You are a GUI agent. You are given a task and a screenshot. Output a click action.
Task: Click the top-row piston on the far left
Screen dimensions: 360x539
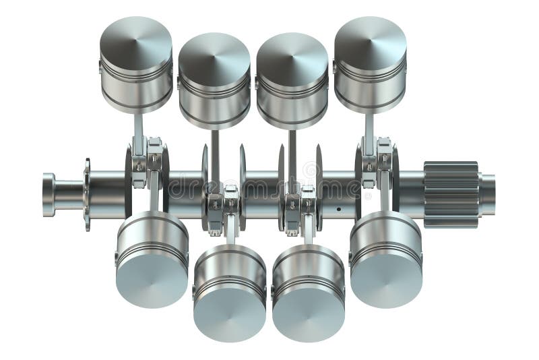(136, 64)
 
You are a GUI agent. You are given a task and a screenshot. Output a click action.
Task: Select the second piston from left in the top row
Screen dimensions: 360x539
(214, 80)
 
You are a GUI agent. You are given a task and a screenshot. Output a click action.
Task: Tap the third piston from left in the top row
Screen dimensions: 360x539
(292, 80)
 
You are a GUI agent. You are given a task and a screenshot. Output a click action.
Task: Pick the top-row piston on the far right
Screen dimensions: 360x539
(370, 64)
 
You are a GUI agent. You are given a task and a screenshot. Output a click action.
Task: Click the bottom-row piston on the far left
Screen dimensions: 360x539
(152, 260)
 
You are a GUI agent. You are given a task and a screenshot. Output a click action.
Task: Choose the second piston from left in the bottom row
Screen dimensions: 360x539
(230, 291)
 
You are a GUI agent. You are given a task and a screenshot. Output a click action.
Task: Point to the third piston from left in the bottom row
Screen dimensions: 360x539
(308, 291)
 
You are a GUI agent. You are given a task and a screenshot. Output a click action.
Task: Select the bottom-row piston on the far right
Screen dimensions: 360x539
(385, 260)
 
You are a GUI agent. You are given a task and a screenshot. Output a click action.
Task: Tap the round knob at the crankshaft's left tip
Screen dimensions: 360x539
(49, 195)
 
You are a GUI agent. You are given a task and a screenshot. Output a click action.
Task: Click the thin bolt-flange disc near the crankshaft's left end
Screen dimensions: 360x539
(87, 195)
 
